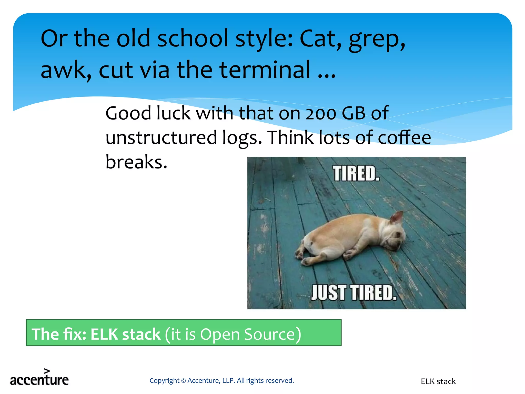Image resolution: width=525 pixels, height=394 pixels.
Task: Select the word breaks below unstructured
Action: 136,162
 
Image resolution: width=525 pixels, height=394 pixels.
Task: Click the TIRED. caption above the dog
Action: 356,174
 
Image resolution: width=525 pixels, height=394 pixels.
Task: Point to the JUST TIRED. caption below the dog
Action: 354,293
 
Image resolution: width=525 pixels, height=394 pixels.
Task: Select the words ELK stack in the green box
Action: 125,334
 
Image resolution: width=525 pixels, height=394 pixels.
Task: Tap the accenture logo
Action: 39,379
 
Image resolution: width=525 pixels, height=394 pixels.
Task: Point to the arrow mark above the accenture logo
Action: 47,371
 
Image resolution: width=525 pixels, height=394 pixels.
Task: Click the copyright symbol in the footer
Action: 183,381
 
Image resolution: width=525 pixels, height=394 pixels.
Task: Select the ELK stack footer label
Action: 438,381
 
